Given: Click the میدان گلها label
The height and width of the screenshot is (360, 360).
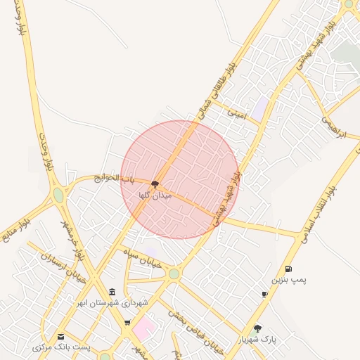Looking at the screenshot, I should tap(155, 194).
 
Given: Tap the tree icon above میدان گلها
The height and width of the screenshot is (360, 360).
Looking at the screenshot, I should tap(155, 184).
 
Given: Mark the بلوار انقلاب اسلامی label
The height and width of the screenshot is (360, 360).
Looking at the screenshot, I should tap(320, 211).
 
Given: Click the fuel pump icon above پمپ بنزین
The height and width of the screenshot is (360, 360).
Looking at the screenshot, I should tap(288, 269).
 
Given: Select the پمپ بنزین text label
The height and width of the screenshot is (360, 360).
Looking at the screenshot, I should tap(290, 280).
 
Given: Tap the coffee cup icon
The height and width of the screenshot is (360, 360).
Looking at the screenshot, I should tap(264, 295).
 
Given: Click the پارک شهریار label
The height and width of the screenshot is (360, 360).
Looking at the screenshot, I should tap(258, 339).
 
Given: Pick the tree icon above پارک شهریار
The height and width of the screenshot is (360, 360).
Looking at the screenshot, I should tap(257, 328).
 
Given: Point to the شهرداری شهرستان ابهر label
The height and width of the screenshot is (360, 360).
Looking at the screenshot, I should tap(112, 303).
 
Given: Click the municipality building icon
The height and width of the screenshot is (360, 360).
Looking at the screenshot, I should tap(112, 292).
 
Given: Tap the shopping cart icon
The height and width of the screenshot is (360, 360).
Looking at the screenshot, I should tap(127, 323).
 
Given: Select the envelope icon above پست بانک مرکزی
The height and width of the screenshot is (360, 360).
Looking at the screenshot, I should tap(61, 337).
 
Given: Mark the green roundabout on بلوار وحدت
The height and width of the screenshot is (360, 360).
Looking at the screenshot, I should tap(58, 195).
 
